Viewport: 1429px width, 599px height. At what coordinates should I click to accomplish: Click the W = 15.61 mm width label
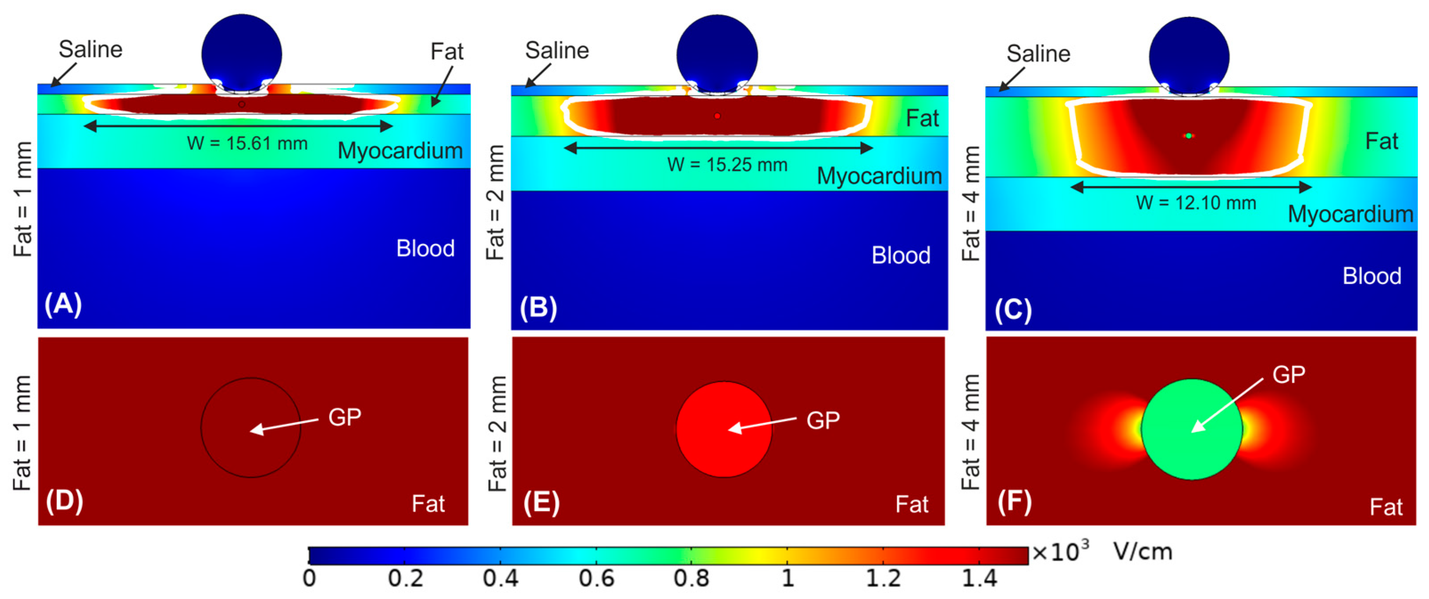point(247,144)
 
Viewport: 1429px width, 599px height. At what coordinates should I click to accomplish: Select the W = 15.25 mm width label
point(727,165)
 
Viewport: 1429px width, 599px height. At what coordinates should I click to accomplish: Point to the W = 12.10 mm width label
point(1195,203)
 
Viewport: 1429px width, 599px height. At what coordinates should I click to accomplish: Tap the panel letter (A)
point(63,304)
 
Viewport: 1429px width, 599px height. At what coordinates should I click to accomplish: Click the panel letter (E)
point(541,502)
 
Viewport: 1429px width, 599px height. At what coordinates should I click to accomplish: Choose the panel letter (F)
point(1014,502)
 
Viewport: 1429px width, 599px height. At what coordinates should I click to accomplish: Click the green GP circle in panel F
point(1191,429)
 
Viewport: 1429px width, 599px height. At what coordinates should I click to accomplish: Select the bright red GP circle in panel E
point(724,429)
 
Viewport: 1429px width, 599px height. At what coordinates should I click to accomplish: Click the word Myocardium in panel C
point(1350,214)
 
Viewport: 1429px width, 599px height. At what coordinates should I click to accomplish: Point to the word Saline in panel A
point(90,49)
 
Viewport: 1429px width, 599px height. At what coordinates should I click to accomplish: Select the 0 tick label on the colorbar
point(310,579)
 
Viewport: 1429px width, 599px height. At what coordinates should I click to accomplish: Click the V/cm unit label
point(1143,552)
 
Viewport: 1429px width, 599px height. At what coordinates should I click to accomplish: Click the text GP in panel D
point(344,417)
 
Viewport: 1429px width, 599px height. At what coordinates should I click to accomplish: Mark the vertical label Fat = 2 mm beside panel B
point(495,202)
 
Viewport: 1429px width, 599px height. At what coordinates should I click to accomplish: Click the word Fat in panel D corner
point(428,504)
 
